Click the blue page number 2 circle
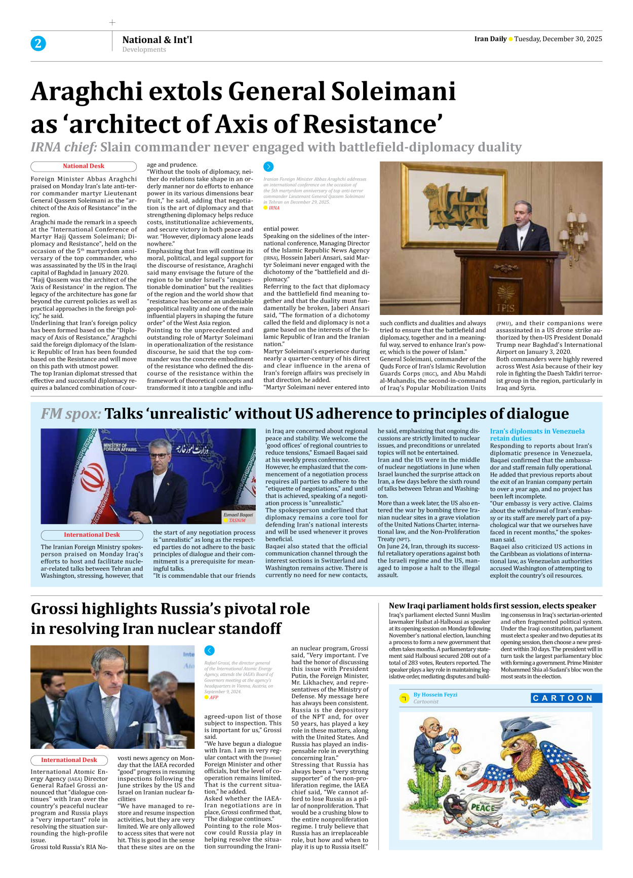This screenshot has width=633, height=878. [38, 44]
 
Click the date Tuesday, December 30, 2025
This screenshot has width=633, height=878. [558, 39]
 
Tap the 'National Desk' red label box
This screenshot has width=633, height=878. [84, 166]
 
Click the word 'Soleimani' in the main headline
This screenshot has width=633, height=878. [393, 92]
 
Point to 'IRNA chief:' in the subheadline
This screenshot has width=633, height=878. [64, 147]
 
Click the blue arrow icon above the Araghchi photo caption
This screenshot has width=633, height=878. [268, 167]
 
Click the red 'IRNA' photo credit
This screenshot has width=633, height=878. [274, 208]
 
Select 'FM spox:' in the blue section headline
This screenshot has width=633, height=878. [71, 414]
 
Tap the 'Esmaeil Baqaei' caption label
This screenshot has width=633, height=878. [238, 515]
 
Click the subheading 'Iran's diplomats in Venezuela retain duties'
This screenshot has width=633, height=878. [537, 434]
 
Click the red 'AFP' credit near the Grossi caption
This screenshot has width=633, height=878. [214, 697]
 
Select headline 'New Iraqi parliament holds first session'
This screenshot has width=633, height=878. [492, 606]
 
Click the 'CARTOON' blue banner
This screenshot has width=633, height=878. [566, 698]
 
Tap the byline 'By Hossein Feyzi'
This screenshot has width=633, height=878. [435, 695]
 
